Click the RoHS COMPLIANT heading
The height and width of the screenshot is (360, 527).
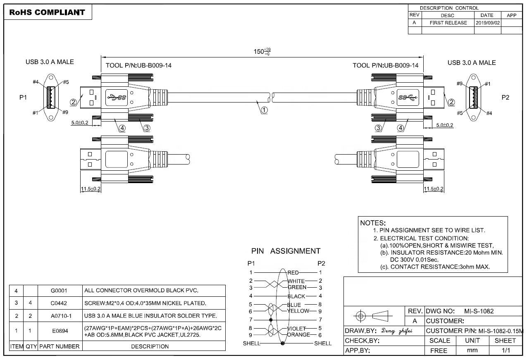tap(47, 12)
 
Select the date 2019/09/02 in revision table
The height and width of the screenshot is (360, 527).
tap(488, 23)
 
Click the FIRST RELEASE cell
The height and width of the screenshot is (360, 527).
tap(448, 23)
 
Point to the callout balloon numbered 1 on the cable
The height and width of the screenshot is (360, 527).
tap(264, 110)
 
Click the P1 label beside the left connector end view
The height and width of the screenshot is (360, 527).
tap(23, 98)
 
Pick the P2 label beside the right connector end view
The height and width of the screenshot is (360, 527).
tap(506, 98)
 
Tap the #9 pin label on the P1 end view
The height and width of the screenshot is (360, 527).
tap(65, 112)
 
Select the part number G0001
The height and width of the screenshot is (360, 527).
tap(59, 291)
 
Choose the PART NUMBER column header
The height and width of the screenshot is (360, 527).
tap(59, 346)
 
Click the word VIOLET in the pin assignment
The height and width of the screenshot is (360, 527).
tap(297, 329)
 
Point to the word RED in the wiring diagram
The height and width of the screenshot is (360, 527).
tap(293, 272)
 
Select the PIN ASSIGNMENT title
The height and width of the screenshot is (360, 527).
tap(286, 251)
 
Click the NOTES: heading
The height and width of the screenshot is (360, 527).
tap(373, 223)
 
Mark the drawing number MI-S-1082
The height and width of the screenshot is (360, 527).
tap(479, 311)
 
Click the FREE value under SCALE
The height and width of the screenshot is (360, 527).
tap(439, 350)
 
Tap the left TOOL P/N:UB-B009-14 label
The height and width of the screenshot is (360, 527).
tap(138, 65)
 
